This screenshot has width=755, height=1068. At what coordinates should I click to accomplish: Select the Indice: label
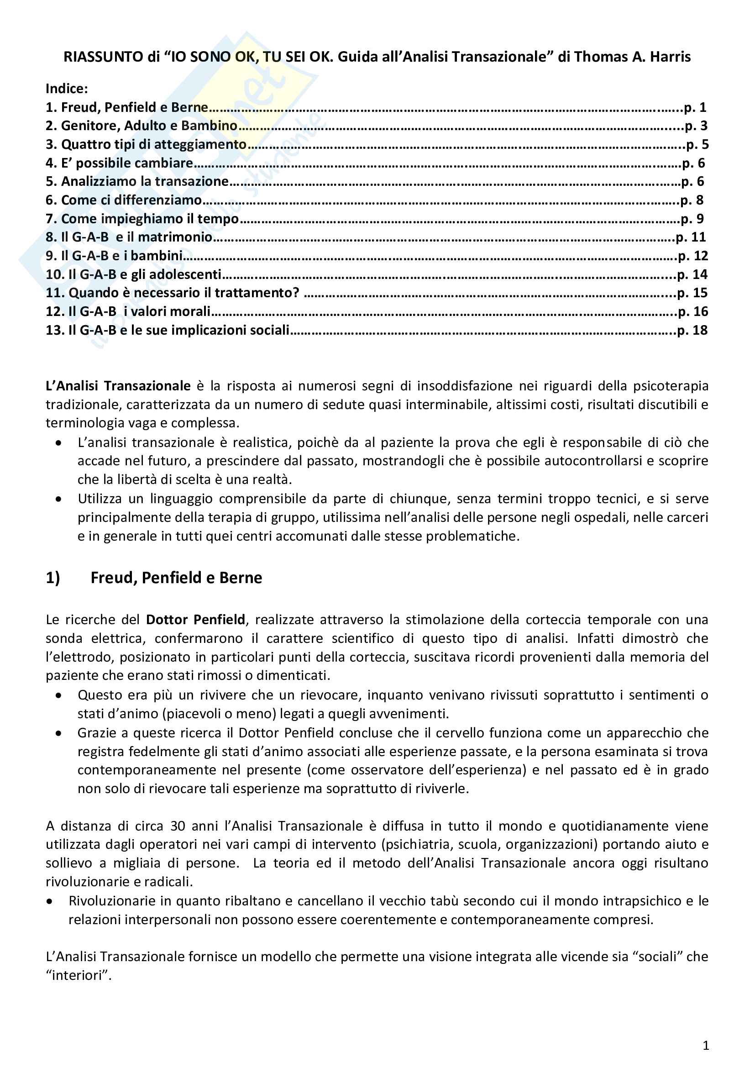tap(67, 89)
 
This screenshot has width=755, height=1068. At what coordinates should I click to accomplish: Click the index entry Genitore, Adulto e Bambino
tap(149, 126)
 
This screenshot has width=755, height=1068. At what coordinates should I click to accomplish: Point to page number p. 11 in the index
tap(691, 237)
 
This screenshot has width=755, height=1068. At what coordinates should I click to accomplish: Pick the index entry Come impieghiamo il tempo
tap(150, 219)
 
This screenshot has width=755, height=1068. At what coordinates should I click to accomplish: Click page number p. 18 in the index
tap(692, 330)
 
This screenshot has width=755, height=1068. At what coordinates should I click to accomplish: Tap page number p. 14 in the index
tap(692, 274)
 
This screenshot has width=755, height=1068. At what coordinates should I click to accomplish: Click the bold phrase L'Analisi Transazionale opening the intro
tap(118, 386)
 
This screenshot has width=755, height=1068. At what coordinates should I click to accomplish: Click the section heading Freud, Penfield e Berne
tap(176, 578)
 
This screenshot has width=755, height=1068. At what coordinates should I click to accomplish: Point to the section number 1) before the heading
tap(53, 578)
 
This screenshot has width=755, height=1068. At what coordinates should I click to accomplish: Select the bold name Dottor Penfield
tap(195, 620)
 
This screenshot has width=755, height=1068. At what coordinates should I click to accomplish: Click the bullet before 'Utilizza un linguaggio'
tap(58, 499)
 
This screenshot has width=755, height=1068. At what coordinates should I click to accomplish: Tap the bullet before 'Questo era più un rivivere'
tap(58, 695)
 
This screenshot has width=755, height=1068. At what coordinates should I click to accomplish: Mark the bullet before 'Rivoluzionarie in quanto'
tap(50, 901)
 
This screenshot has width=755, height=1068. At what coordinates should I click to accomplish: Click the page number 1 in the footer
tap(706, 1046)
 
